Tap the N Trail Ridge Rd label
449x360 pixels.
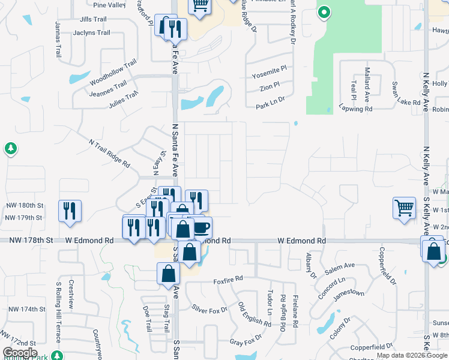pos(109,152)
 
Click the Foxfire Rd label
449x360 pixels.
pos(228,279)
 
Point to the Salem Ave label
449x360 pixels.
pos(340,265)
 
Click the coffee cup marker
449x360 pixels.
pos(202,227)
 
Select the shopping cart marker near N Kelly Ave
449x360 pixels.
pos(405,208)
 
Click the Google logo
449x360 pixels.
pos(19,352)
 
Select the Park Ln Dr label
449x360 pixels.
pos(270,105)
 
